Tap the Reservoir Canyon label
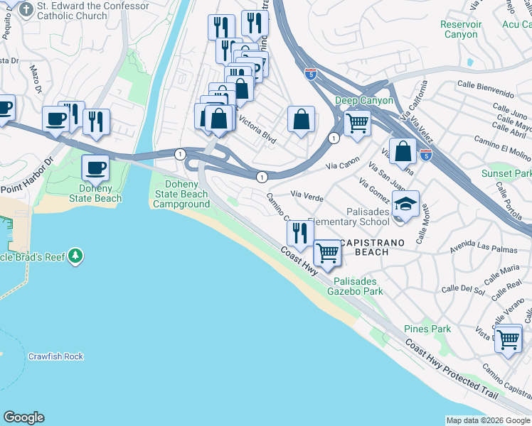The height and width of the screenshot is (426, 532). coord(460,29)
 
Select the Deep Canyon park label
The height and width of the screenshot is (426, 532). coord(364,100)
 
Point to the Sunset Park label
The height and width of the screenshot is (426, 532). coord(506,173)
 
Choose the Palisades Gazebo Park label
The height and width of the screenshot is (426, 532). coord(358,286)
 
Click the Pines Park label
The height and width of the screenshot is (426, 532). coord(427,329)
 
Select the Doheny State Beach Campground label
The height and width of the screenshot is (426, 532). coord(182,194)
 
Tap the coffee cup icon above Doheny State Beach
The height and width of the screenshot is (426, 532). coord(95,168)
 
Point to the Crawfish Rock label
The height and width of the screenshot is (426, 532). coord(55,356)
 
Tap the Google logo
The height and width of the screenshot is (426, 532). coord(23,417)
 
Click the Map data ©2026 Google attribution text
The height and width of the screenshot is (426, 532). coord(487,420)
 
